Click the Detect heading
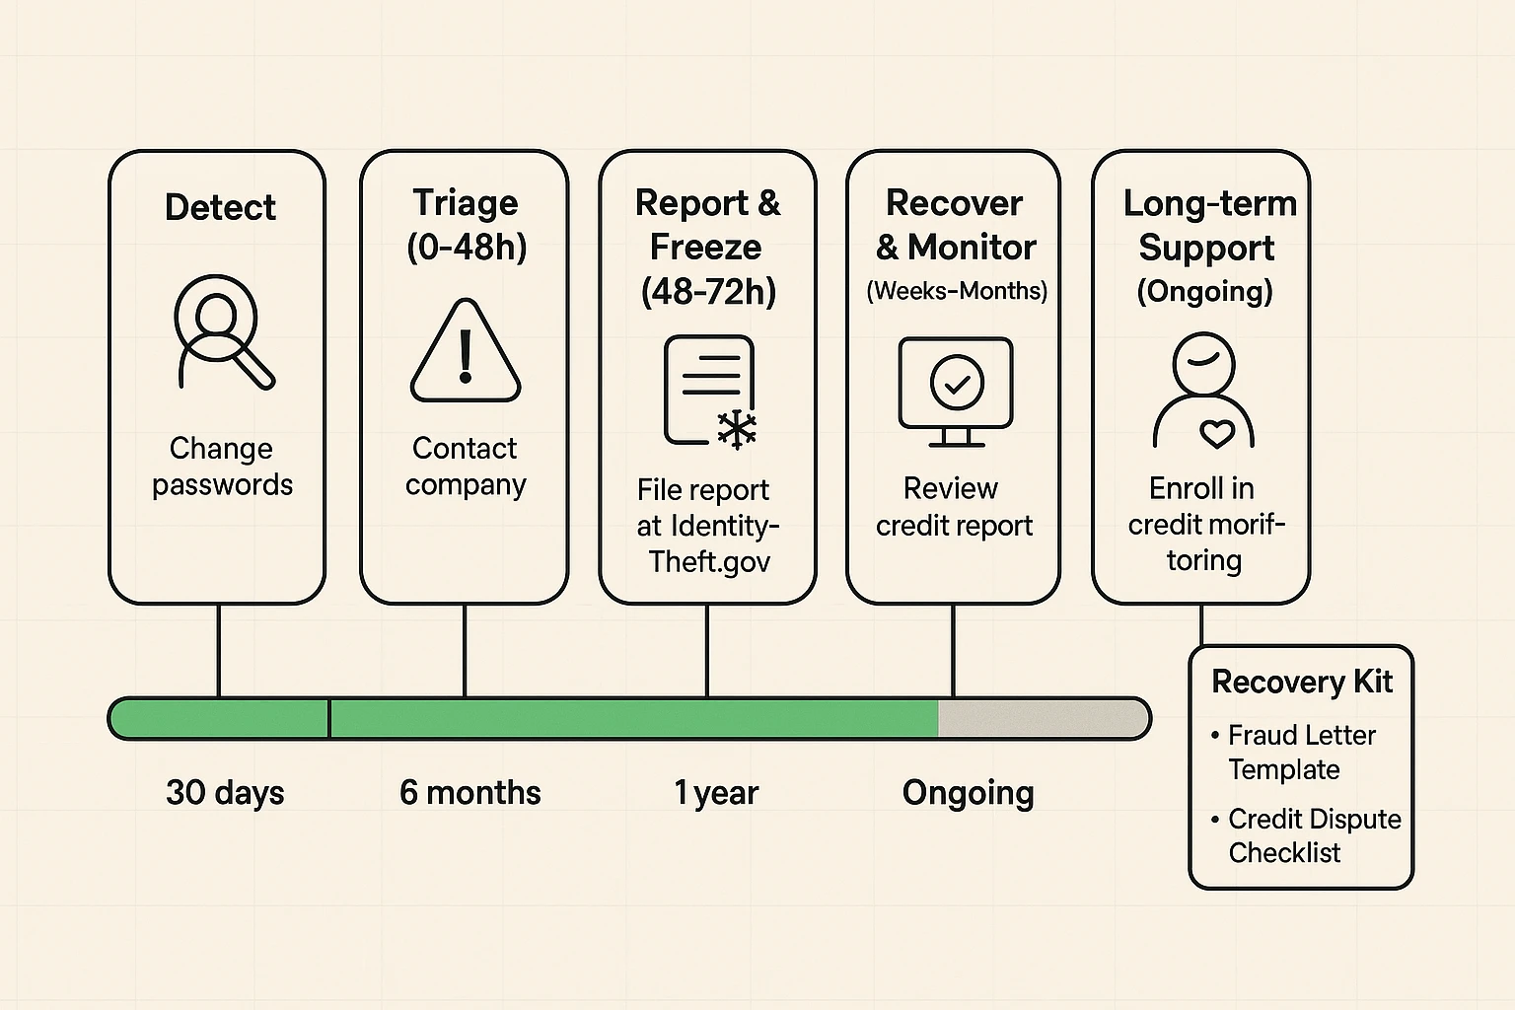click(220, 208)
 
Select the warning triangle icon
click(465, 353)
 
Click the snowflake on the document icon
click(736, 429)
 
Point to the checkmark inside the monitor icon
click(956, 382)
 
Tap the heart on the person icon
click(1216, 434)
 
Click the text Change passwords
click(222, 467)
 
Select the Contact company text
click(465, 467)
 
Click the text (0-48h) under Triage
click(467, 247)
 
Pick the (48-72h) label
click(708, 291)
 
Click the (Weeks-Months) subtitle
click(956, 291)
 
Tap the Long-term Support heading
click(1207, 225)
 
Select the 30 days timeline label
click(225, 793)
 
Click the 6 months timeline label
click(469, 793)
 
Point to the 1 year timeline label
click(716, 793)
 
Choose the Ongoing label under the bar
click(968, 793)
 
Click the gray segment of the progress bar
click(1041, 719)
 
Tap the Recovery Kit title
click(1301, 682)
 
